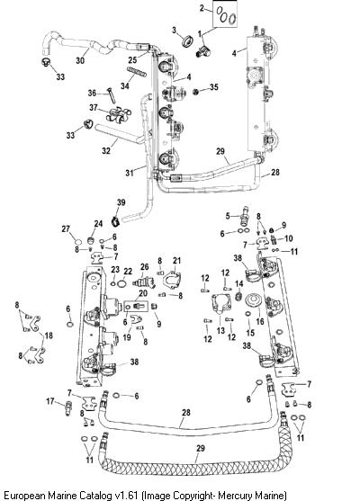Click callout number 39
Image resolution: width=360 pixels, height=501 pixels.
[121, 202]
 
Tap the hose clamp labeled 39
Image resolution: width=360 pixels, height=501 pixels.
[116, 221]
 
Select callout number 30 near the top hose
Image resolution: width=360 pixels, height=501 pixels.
[80, 60]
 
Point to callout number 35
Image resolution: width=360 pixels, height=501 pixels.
[214, 86]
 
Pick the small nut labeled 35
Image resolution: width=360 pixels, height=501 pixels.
[196, 92]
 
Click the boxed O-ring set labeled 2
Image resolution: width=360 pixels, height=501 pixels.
[225, 14]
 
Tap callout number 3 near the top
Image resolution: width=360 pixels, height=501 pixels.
[175, 30]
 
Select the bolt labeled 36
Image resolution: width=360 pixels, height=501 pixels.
[111, 95]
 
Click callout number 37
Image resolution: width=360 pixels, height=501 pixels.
[93, 108]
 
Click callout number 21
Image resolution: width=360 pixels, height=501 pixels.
[176, 261]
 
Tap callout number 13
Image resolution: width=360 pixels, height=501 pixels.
[220, 330]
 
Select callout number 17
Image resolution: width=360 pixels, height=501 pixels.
[50, 400]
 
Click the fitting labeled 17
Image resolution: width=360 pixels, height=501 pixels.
[68, 408]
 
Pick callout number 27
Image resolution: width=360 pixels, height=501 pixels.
[66, 228]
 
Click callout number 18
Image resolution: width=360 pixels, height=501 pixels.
[49, 335]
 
